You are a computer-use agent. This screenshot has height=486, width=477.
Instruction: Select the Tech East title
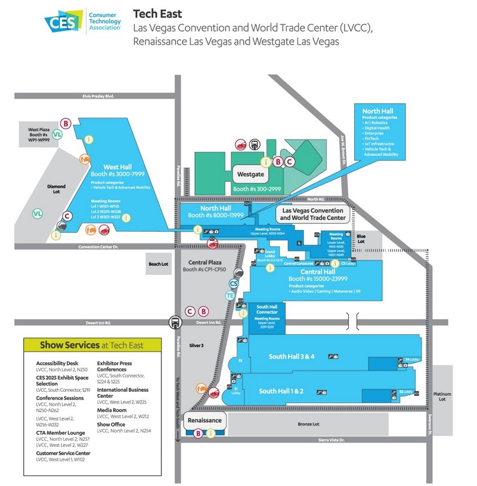[x=157, y=13]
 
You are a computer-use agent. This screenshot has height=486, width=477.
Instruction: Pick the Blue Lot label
[x=361, y=238]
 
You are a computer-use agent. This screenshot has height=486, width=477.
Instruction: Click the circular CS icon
[x=234, y=283]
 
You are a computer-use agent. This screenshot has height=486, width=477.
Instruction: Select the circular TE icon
[x=230, y=295]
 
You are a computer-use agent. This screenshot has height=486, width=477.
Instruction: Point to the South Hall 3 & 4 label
[x=291, y=356]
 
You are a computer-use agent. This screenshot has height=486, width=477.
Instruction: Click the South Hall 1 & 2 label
[x=281, y=391]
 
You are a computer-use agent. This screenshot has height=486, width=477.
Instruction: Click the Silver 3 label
[x=196, y=346]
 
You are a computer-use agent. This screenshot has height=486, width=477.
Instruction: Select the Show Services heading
[x=92, y=344]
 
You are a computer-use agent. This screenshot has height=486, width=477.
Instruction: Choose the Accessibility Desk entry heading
[x=57, y=363]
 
